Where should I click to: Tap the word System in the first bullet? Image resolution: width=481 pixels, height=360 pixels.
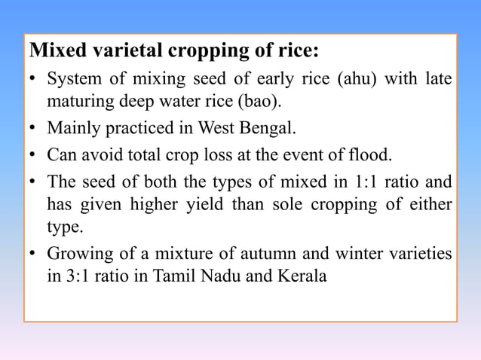(72, 78)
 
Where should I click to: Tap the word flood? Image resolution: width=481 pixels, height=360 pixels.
(373, 156)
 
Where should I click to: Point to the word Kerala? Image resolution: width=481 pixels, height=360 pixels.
(301, 276)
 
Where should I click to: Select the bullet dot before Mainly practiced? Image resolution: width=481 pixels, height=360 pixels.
(34, 128)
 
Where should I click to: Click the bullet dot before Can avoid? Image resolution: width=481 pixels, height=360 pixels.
(34, 156)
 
